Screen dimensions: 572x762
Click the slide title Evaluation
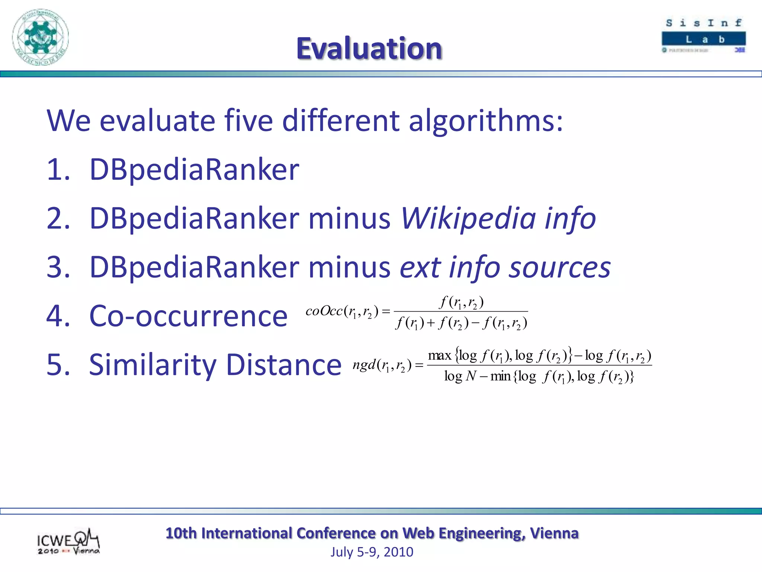click(x=369, y=48)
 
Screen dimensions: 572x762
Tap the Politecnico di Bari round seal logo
click(x=40, y=37)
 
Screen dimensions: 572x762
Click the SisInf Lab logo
click(x=704, y=36)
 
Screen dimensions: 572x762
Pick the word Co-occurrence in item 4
click(x=188, y=316)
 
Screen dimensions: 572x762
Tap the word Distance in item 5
click(x=284, y=365)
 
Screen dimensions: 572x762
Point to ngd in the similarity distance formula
click(x=364, y=365)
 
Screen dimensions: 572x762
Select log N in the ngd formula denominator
click(x=460, y=376)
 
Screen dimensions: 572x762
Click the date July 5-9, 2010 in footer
click(x=372, y=552)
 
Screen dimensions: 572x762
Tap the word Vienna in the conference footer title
click(x=554, y=533)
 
